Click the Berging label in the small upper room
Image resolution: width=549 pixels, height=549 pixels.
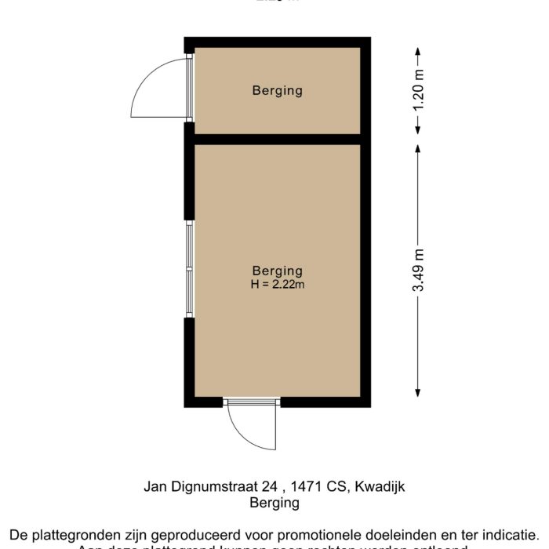point(277,91)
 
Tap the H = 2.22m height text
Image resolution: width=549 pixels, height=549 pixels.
point(277,285)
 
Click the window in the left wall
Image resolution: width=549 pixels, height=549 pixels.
point(189,270)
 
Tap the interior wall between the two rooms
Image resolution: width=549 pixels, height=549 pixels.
point(277,140)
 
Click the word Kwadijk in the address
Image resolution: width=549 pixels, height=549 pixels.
point(380,486)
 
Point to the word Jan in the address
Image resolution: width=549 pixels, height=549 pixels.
point(155,486)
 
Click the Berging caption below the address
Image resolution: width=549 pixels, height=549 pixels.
point(274,504)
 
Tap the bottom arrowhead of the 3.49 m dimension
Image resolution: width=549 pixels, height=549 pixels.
point(418,392)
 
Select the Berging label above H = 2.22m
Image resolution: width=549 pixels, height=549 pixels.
point(277,271)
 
